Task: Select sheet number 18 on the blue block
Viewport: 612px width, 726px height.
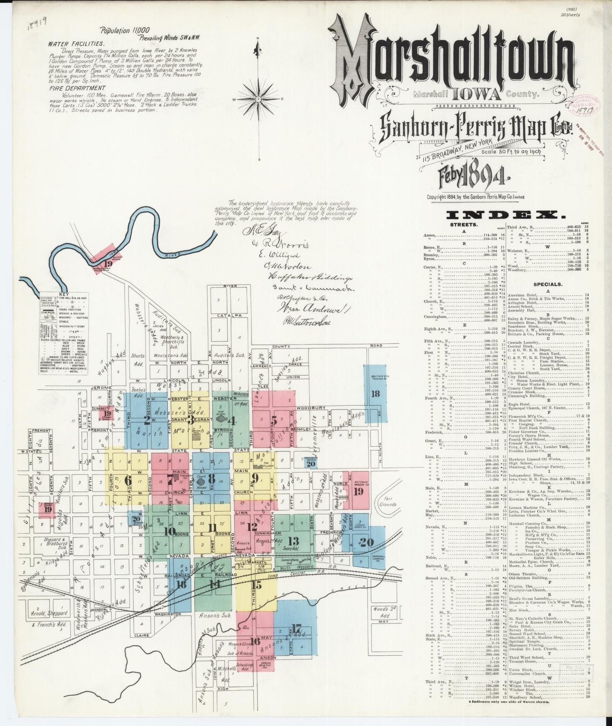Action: coord(375,393)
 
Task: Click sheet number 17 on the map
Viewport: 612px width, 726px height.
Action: coord(296,629)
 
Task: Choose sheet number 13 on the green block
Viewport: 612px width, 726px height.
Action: coord(293,540)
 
